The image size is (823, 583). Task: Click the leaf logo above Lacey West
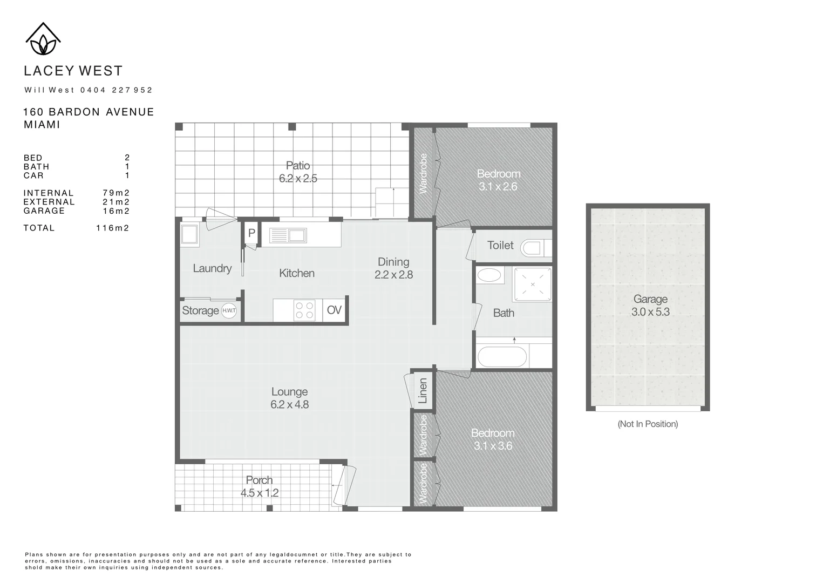[x=43, y=39]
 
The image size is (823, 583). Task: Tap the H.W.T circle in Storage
[x=229, y=310]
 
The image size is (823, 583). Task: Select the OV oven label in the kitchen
[x=334, y=310]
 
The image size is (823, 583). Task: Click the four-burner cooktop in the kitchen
[x=304, y=310]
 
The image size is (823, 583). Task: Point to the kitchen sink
[x=288, y=236]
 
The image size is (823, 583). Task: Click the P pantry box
[x=251, y=234]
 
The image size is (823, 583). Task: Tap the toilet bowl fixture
[x=531, y=248]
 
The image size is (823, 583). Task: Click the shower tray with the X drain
[x=533, y=284]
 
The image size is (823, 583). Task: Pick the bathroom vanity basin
[x=490, y=275]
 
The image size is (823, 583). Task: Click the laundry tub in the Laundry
[x=189, y=235]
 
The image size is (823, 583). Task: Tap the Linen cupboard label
[x=423, y=390]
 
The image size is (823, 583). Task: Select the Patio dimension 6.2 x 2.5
[x=298, y=179]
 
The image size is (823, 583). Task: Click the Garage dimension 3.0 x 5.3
[x=650, y=312]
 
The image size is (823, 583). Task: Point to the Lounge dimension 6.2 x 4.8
[x=290, y=405]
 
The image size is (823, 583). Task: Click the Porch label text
[x=259, y=480]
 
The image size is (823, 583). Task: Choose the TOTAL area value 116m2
[x=112, y=228]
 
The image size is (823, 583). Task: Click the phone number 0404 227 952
[x=117, y=90]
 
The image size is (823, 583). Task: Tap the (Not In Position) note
[x=648, y=424]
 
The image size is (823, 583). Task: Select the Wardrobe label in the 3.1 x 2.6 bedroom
[x=423, y=173]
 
